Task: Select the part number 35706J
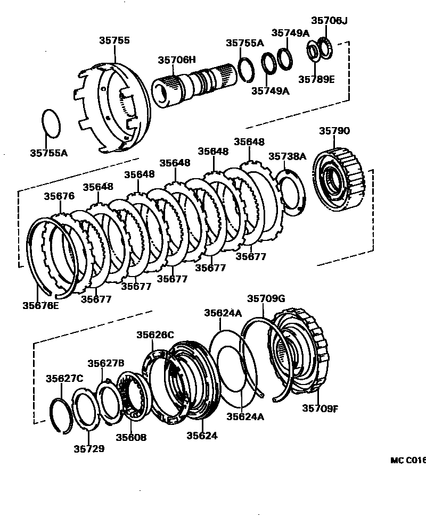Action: pos(329,21)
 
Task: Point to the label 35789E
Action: pos(316,79)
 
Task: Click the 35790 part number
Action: pos(334,131)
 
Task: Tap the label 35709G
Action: pos(266,298)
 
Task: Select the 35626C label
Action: pos(155,335)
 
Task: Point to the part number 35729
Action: pos(89,448)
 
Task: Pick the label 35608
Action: pos(131,438)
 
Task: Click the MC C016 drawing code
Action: pos(408,461)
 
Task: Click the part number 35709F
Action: pos(321,408)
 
